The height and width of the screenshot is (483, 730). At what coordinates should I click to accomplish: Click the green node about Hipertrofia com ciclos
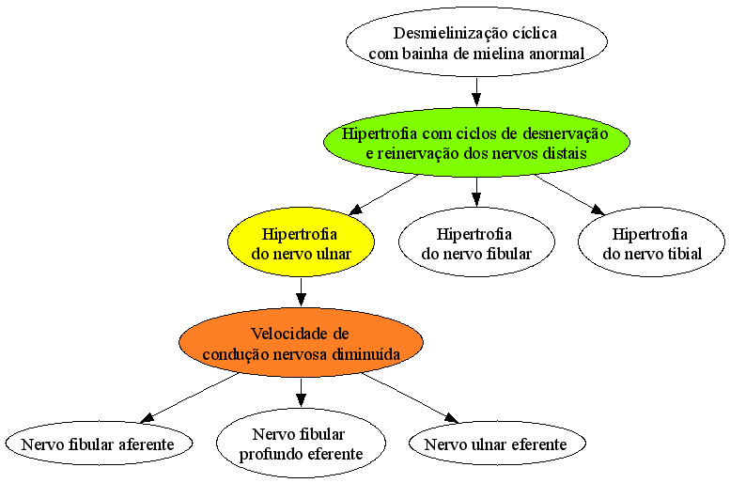coord(476,143)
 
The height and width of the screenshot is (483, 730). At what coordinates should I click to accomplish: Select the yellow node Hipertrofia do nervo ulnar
coord(301,242)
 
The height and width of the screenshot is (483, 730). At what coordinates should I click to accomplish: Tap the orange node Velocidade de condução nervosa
coord(301,343)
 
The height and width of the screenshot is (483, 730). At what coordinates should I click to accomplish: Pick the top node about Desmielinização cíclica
coord(476,42)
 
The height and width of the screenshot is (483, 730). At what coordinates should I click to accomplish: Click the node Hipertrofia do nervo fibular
coord(476,242)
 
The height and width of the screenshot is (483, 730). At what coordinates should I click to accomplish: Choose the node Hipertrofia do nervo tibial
coord(651,242)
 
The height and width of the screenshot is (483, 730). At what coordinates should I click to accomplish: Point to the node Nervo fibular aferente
coord(99,444)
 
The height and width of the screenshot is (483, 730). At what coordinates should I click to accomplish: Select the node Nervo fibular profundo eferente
coord(301,444)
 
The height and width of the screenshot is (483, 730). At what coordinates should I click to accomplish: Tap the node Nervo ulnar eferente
coord(497,444)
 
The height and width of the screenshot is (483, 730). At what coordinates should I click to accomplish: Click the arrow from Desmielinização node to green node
coord(476,92)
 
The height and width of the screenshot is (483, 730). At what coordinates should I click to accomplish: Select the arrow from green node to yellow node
coord(383,195)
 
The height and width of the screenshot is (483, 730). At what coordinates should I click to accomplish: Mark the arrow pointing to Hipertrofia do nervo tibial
coord(570,195)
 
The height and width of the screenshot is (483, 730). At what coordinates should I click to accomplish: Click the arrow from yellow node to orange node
coord(301,292)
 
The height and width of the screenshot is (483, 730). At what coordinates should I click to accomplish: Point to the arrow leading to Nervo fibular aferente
coord(190,397)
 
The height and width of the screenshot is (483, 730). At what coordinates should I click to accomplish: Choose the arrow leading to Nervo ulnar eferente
coord(411,398)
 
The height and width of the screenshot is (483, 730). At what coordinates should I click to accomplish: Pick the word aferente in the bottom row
coord(147,444)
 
